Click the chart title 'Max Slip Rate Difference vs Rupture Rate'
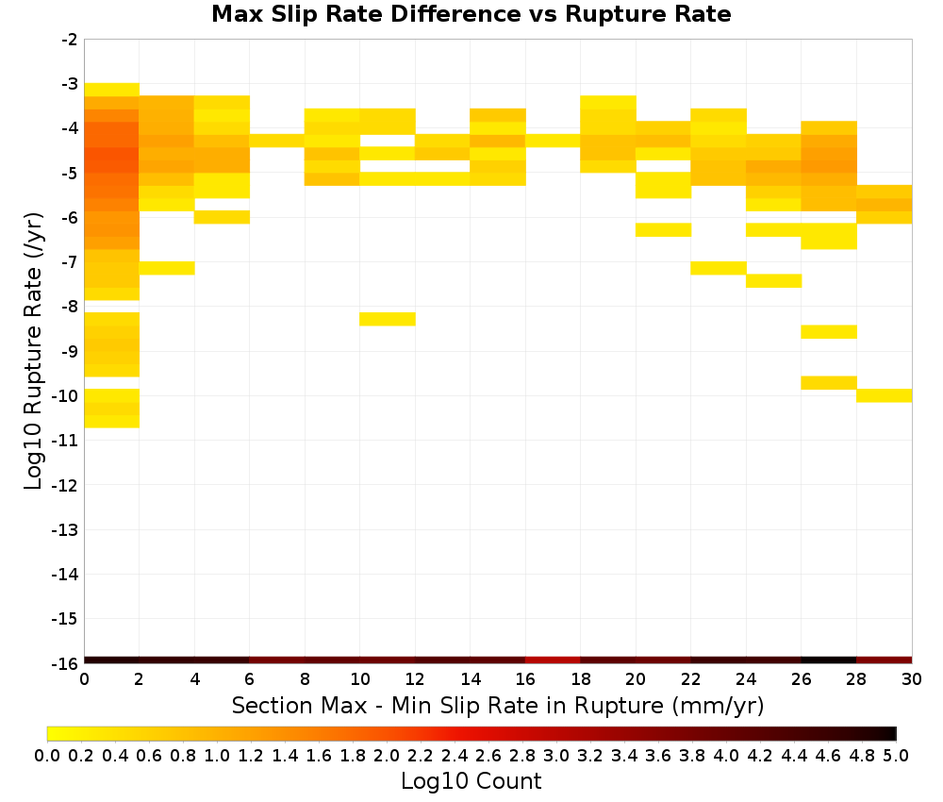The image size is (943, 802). (471, 14)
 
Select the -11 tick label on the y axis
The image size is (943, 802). (65, 441)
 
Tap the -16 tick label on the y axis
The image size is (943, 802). (65, 663)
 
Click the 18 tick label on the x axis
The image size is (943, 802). (580, 679)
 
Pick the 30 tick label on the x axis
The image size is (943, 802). (912, 679)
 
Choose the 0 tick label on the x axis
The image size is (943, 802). (84, 679)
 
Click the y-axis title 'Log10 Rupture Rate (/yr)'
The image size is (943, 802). (33, 351)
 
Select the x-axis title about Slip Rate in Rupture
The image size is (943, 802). (498, 705)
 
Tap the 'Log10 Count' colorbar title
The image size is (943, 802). (471, 781)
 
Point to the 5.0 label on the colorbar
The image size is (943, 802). (896, 755)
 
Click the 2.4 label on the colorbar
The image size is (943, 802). (455, 755)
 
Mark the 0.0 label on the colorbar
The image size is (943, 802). (47, 755)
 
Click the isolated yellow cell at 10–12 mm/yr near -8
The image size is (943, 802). (388, 319)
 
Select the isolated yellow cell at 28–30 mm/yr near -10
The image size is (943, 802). (885, 395)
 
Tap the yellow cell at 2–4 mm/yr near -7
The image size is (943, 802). (167, 268)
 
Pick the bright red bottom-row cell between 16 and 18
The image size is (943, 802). (553, 660)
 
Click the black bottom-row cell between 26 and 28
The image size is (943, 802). (829, 660)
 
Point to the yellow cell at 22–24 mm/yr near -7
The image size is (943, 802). (718, 268)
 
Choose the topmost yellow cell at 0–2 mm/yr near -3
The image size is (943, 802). (112, 90)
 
